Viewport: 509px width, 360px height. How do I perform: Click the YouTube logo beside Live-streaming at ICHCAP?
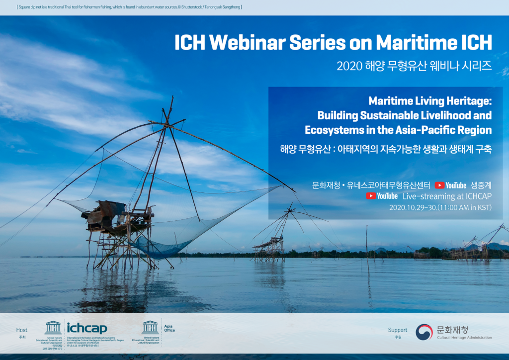382,196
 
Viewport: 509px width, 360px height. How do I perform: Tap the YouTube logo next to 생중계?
450,185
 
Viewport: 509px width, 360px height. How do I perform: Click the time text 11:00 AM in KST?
466,207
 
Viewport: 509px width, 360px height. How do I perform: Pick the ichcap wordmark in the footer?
86,328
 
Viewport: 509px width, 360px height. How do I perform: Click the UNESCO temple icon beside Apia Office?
150,327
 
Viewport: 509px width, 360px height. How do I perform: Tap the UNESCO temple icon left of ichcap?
53,327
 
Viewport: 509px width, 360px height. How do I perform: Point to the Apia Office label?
170,328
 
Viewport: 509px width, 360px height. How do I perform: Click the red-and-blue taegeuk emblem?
424,332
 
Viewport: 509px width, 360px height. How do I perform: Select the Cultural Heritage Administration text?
464,338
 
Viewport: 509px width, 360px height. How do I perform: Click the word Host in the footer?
22,330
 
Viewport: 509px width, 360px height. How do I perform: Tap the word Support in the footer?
397,330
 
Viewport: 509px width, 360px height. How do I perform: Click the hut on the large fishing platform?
105,211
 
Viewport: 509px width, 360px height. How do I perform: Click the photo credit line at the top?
129,7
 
